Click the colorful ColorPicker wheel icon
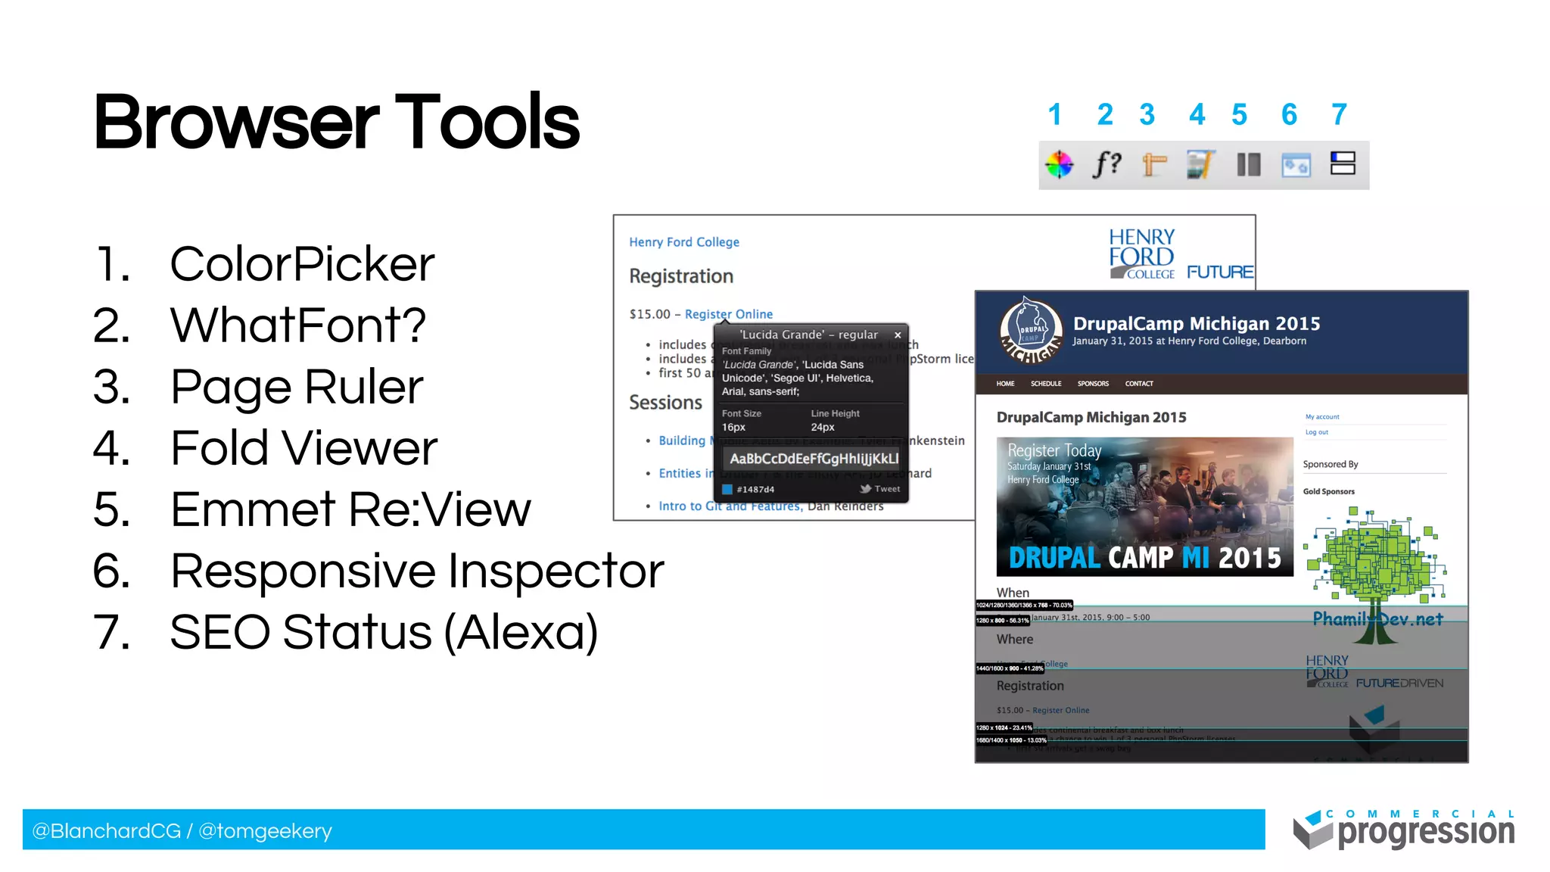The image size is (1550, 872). pos(1060,164)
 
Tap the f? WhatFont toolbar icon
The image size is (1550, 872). pos(1106,163)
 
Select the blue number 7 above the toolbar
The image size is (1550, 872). pos(1339,115)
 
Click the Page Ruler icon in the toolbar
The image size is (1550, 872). pos(1153,164)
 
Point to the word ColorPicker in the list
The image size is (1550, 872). pos(301,264)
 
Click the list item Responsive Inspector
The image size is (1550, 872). pos(416,571)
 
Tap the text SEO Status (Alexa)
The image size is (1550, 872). pos(383,632)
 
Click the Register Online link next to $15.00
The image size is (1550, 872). pos(728,314)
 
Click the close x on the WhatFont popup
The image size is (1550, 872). pos(898,335)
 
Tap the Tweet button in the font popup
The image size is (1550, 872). pos(880,489)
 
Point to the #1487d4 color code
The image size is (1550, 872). pos(755,490)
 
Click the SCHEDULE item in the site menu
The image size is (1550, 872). pos(1045,384)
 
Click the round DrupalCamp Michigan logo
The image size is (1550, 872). pos(1030,331)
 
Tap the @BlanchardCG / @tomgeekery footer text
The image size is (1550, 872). pos(182,831)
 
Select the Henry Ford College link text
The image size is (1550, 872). pos(683,242)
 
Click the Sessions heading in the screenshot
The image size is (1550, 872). pos(665,403)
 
